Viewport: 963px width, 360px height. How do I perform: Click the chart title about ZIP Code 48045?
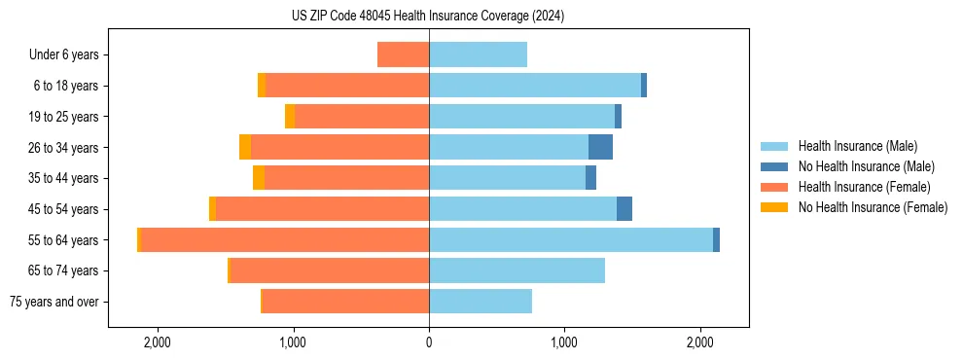pyautogui.click(x=428, y=17)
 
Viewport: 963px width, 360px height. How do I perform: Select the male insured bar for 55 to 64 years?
pyautogui.click(x=570, y=240)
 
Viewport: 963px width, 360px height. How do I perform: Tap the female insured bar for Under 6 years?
pyautogui.click(x=403, y=55)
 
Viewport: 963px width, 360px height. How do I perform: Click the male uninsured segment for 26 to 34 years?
pyautogui.click(x=600, y=148)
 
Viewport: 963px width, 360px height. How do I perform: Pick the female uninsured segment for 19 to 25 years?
pyautogui.click(x=290, y=117)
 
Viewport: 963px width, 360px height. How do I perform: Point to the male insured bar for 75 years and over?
pyautogui.click(x=481, y=302)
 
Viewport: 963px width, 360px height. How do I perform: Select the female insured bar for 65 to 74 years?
pyautogui.click(x=330, y=270)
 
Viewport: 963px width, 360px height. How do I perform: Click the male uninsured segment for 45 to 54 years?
pyautogui.click(x=624, y=209)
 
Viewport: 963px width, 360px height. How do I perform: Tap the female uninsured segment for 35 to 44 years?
pyautogui.click(x=259, y=178)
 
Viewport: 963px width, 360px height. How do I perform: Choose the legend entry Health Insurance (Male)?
pyautogui.click(x=856, y=146)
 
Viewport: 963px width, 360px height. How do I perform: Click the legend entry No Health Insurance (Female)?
pyautogui.click(x=873, y=207)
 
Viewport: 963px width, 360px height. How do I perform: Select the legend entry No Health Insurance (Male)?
pyautogui.click(x=866, y=166)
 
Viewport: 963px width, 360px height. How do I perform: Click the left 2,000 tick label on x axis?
pyautogui.click(x=158, y=342)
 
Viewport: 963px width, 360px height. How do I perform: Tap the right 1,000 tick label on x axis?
pyautogui.click(x=564, y=342)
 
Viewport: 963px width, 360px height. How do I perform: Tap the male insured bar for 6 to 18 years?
pyautogui.click(x=535, y=86)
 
